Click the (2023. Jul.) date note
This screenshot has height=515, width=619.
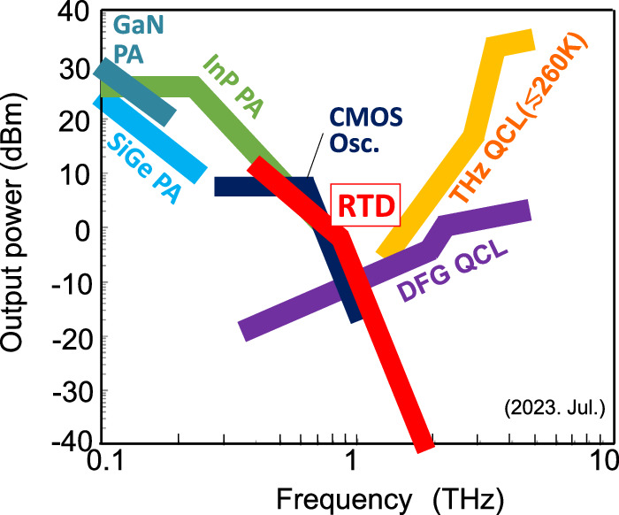coord(554,411)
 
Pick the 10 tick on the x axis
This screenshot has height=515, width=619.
coord(603,461)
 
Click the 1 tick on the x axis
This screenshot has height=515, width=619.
coord(354,461)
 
